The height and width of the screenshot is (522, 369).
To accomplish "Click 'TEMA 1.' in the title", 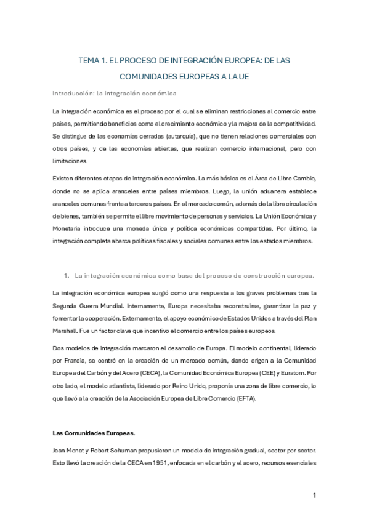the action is [94, 62].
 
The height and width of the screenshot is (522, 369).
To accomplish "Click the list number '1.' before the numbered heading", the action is [67, 274].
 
